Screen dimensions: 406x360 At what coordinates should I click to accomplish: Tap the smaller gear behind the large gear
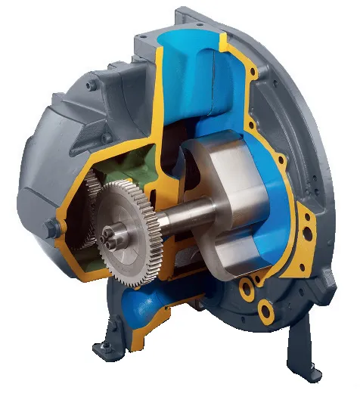(94, 198)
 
